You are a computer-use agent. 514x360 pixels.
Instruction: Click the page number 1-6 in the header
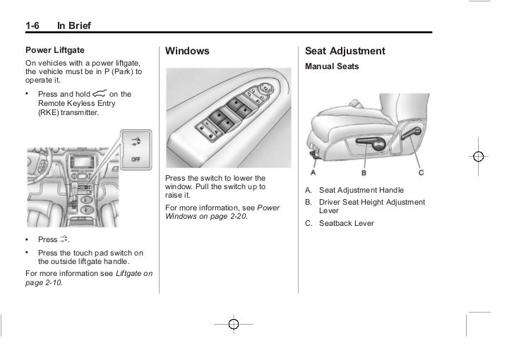point(32,27)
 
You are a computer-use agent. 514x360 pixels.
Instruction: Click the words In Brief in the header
point(74,27)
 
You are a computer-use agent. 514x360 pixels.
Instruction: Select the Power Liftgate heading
point(55,50)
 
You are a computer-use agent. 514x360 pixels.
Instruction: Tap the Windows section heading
point(187,52)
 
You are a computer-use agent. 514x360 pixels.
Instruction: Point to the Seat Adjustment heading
point(345,52)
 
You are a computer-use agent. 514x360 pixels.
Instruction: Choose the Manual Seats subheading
point(332,66)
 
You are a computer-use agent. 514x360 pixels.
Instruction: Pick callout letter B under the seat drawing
point(364,172)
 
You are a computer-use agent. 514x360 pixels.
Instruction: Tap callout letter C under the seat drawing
point(421,172)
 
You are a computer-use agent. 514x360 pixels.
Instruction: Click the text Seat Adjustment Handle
point(361,190)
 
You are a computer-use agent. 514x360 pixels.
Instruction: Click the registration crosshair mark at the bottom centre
point(233,324)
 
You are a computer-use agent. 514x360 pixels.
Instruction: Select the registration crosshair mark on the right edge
point(478,157)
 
